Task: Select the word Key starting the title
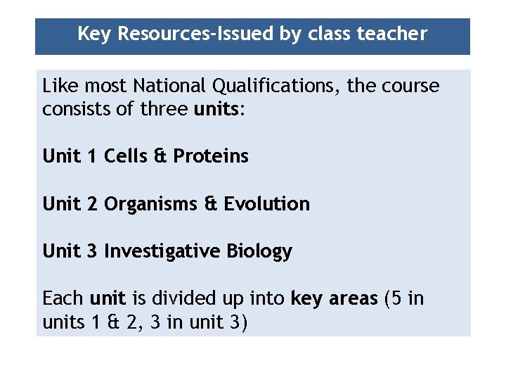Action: point(95,34)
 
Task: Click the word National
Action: point(166,87)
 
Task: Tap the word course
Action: point(410,87)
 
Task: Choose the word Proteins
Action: point(211,156)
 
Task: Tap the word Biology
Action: point(259,251)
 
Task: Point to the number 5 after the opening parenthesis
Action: point(396,298)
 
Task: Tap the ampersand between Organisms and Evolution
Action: point(211,204)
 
